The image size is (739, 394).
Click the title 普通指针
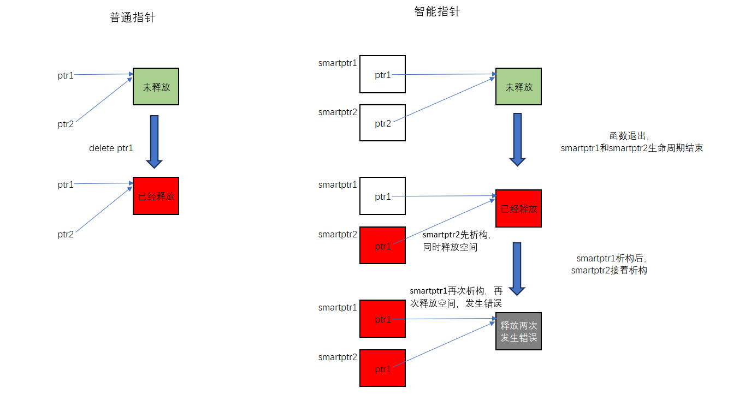pyautogui.click(x=132, y=17)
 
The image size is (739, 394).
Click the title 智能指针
pyautogui.click(x=437, y=11)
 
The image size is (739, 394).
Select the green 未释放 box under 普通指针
pyautogui.click(x=156, y=86)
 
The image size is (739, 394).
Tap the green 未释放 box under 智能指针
pyautogui.click(x=518, y=86)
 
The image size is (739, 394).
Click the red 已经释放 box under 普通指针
pyautogui.click(x=156, y=196)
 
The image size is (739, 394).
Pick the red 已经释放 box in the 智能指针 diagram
pyautogui.click(x=518, y=208)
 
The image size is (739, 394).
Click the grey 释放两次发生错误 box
pyautogui.click(x=518, y=331)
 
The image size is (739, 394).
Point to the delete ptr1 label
pyautogui.click(x=111, y=148)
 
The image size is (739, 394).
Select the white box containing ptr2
pyautogui.click(x=382, y=123)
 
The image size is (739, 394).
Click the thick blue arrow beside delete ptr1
pyautogui.click(x=154, y=141)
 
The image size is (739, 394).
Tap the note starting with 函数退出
pyautogui.click(x=631, y=142)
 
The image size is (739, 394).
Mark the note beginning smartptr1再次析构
pyautogui.click(x=456, y=297)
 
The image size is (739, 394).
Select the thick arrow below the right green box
pyautogui.click(x=517, y=139)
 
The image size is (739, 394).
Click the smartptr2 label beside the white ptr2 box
pyautogui.click(x=338, y=112)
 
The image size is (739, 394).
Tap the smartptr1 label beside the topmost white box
pyautogui.click(x=338, y=63)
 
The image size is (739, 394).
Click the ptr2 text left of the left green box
pyautogui.click(x=66, y=124)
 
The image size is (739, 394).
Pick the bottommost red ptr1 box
pyautogui.click(x=382, y=368)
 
